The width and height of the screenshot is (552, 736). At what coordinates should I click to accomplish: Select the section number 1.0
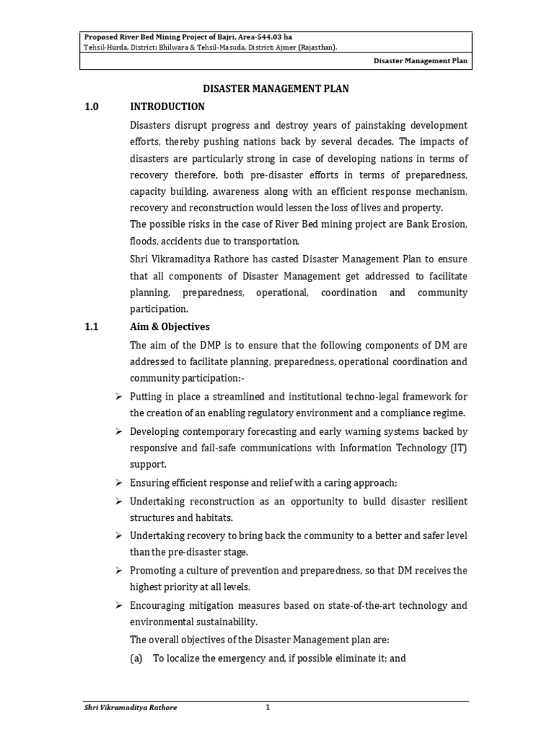(92, 107)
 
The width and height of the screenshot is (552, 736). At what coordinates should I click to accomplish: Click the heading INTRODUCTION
(167, 107)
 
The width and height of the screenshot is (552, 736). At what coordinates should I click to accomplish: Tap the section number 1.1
(92, 326)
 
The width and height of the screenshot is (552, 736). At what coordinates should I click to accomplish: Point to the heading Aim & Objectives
(170, 326)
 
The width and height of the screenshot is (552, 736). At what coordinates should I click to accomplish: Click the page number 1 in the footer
(267, 708)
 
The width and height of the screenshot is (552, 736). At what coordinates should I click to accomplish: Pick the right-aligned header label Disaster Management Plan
(420, 61)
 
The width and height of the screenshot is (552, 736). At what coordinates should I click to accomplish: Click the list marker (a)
(137, 657)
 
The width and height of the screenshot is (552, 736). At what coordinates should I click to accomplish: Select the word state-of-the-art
(352, 605)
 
